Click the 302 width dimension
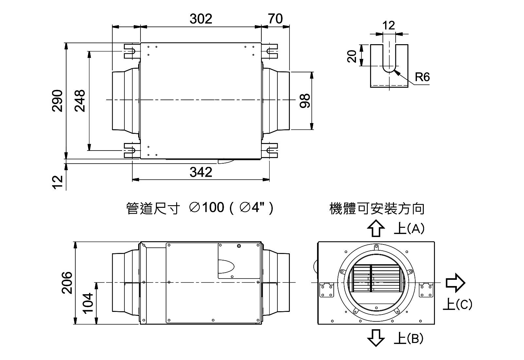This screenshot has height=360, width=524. coord(201,19)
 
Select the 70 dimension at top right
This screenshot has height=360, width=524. coord(275,19)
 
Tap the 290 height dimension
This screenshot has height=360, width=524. coord(58,100)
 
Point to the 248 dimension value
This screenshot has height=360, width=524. coord(80,100)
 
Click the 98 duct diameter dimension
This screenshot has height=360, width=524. coord(305,100)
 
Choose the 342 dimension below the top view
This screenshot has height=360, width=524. coord(201,172)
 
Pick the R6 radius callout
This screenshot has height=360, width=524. coord(422,77)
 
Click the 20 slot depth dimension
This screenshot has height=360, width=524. coord(352,56)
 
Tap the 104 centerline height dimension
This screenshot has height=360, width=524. coord(88,303)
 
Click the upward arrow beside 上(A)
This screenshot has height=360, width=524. coord(376,228)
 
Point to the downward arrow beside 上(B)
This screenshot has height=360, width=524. coord(376,337)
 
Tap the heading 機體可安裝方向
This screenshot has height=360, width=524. coord(377,209)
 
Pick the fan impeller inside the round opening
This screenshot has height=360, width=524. coord(376,278)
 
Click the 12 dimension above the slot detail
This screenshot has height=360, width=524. coord(389,25)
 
